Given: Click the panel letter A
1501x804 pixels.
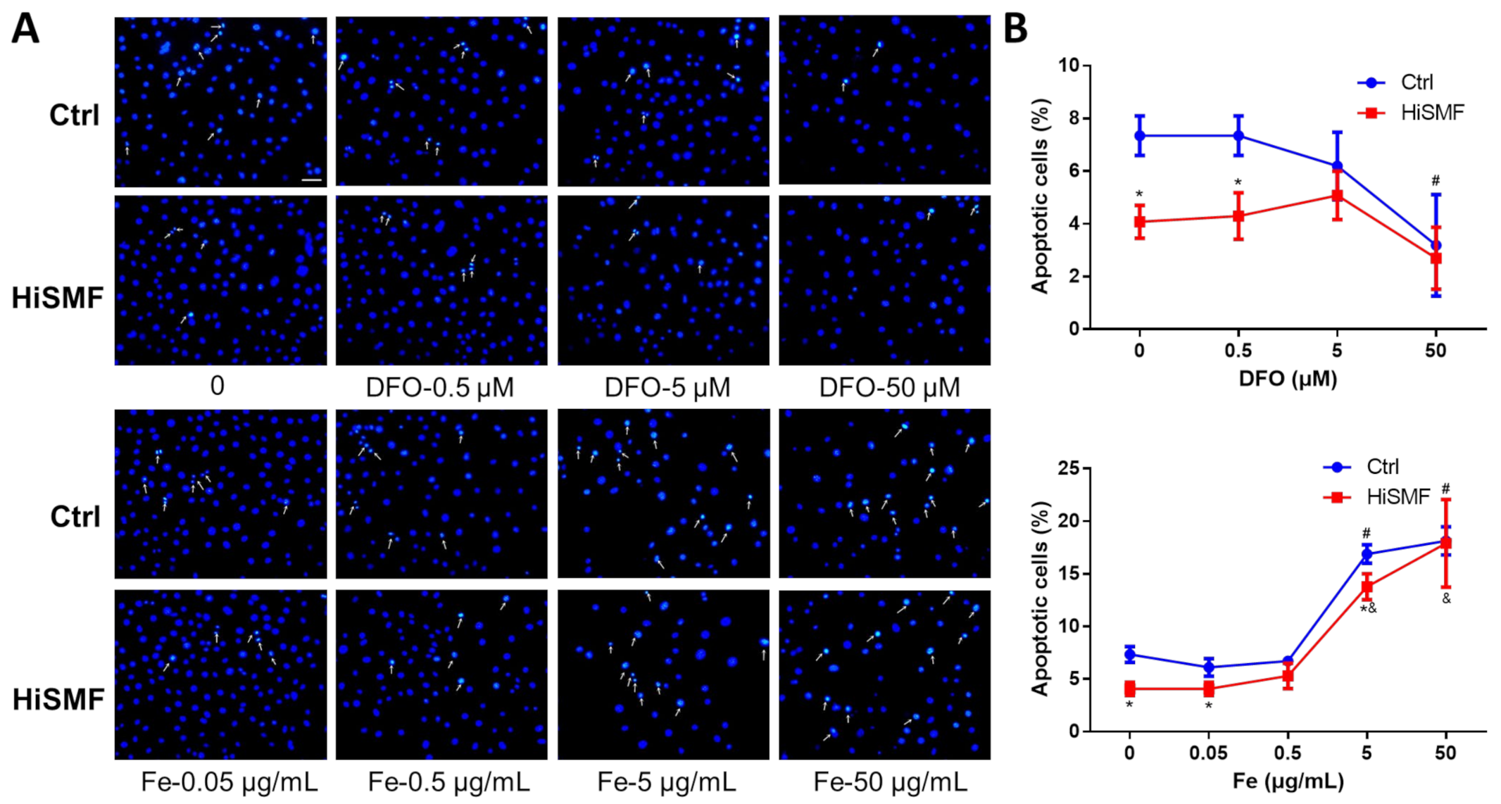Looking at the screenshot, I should tap(25, 30).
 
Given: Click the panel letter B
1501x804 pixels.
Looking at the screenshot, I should tap(1015, 30).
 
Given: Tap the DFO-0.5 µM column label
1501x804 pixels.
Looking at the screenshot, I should tap(440, 387).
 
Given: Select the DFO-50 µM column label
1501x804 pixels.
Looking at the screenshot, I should tap(889, 387).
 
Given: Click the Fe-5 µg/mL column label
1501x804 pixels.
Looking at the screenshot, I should tap(666, 781).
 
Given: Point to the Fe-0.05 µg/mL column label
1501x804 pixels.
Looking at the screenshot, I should tap(230, 781).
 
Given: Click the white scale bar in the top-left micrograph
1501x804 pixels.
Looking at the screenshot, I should tap(311, 180).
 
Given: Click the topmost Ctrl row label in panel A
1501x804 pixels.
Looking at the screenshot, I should tap(74, 115).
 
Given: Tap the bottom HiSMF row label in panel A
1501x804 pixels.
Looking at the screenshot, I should tap(58, 699).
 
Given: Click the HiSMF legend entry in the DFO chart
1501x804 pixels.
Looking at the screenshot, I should tap(1431, 113).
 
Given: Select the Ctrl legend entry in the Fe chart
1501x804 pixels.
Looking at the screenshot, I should tap(1382, 467).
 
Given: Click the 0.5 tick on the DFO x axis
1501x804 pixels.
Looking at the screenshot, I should tap(1238, 351).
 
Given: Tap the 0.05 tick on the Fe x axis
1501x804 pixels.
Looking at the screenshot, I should tap(1209, 753).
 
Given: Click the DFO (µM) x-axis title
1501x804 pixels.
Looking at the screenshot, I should tap(1287, 379).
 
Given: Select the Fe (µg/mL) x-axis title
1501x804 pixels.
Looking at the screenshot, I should tap(1287, 781).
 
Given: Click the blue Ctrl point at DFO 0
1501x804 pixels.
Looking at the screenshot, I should tap(1139, 135).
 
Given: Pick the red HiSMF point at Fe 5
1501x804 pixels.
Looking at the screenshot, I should tap(1367, 586).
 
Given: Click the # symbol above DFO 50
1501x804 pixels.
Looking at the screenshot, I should tap(1436, 181).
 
